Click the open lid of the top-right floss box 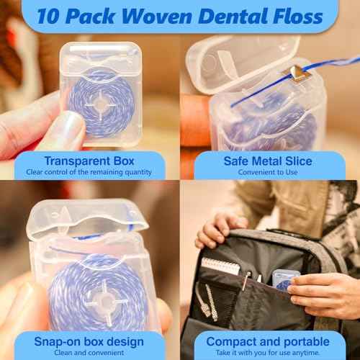tap(241, 57)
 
